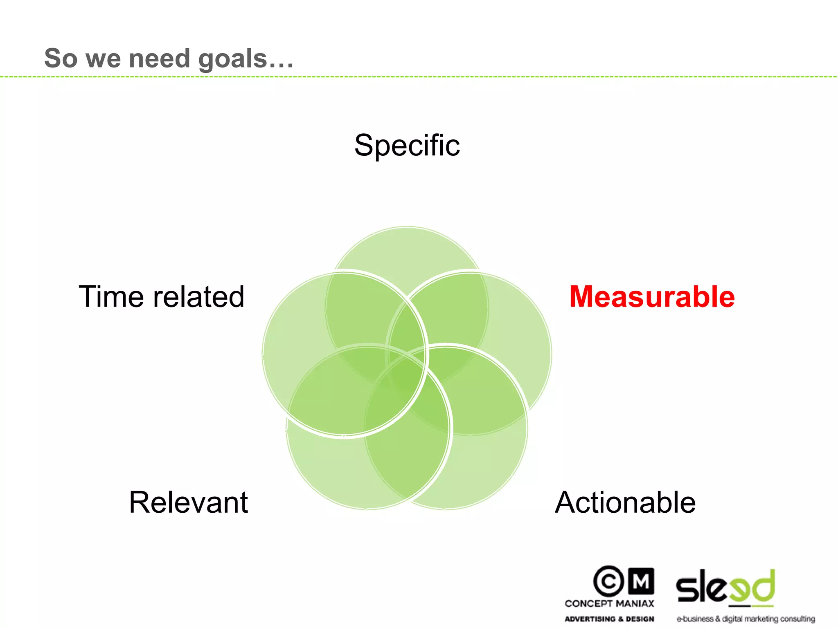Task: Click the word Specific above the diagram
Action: tap(407, 146)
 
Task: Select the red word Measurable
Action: tap(652, 296)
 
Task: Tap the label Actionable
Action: tap(625, 502)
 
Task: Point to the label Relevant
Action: tap(188, 502)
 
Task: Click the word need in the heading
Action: tap(160, 58)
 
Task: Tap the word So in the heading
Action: tap(61, 58)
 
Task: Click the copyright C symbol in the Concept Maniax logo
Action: tap(608, 581)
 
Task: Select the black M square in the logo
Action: tap(641, 581)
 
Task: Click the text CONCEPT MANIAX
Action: tap(609, 603)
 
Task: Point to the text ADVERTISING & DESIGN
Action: tap(609, 619)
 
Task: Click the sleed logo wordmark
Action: tap(725, 587)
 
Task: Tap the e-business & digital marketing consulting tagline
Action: tap(746, 619)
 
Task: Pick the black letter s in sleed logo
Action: tap(687, 590)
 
